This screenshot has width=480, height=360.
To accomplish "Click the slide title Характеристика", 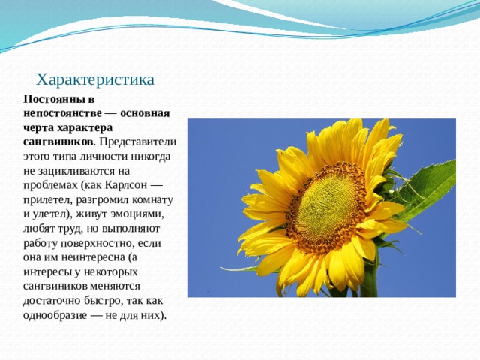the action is tap(95, 80).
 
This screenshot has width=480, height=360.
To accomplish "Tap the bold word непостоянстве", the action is tap(62, 113).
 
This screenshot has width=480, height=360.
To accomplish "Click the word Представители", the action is tap(138, 142).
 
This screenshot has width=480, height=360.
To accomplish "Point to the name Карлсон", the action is tap(126, 185).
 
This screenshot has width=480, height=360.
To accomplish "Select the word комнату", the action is tap(152, 199).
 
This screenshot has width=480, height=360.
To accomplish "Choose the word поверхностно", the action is tap(97, 243).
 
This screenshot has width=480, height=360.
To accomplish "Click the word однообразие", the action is tap(55, 315).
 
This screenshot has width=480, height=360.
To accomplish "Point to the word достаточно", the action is tap(52, 301).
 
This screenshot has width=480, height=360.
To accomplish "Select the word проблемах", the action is tap(50, 185).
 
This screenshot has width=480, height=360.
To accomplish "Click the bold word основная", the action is tap(145, 113).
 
